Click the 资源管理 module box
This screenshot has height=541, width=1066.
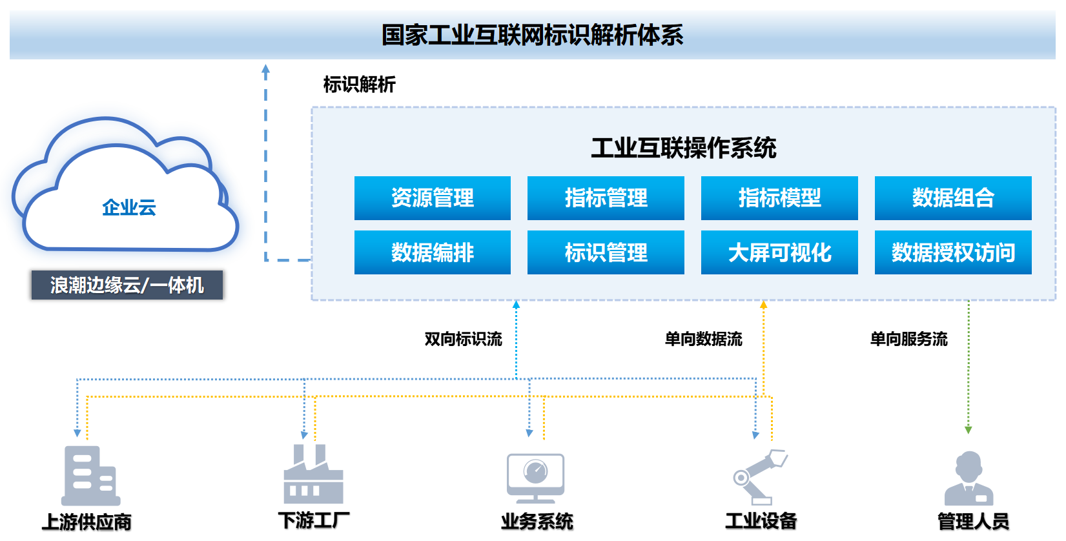pos(432,198)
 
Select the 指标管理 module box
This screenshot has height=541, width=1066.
pos(606,198)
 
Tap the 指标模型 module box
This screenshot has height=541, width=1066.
pos(779,198)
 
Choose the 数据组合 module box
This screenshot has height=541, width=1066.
pos(953,198)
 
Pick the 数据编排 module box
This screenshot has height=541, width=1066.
pos(432,252)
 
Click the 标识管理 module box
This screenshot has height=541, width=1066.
pos(606,252)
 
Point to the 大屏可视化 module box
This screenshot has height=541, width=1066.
pos(779,252)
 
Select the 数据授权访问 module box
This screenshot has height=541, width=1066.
pos(953,252)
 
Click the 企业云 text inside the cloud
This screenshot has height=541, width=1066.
pos(129,207)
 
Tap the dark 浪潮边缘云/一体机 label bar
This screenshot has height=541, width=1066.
pos(127,285)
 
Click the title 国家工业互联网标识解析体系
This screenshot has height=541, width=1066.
pos(532,36)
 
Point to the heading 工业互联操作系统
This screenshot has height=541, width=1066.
pos(683,147)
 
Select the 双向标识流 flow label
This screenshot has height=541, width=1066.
pos(463,339)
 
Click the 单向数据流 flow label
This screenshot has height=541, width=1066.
pos(703,339)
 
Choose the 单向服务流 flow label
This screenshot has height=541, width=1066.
pos(908,339)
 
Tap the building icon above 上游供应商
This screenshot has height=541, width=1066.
pos(90,475)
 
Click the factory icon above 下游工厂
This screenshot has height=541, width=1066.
pos(313,474)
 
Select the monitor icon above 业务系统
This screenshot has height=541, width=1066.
pos(535,478)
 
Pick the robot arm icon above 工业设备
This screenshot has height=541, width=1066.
pos(760,477)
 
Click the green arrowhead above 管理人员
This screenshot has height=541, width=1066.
pos(968,430)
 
